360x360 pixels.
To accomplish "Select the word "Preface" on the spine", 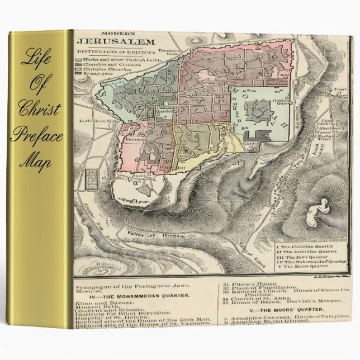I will (x=37, y=138).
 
